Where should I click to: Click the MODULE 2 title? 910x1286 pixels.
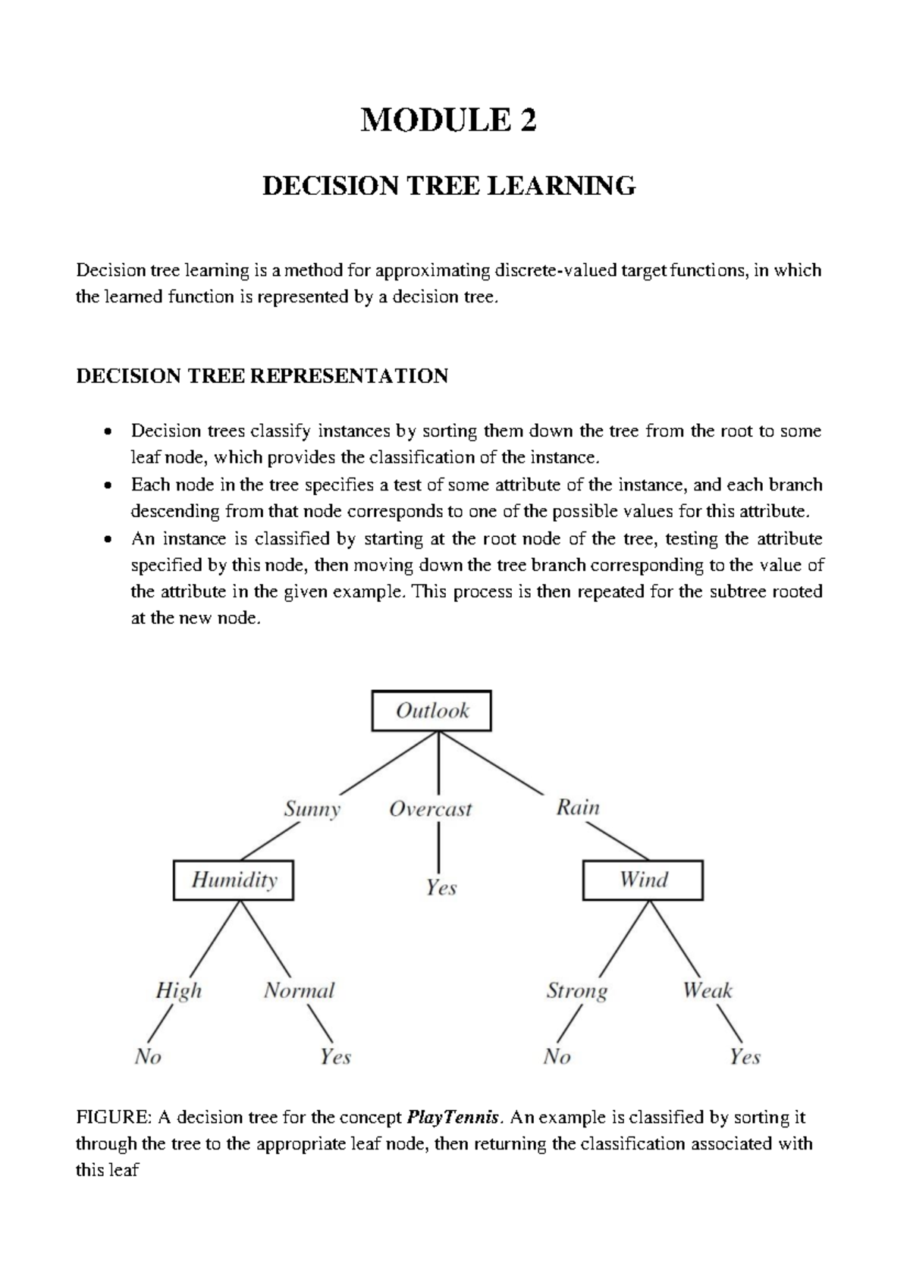(x=448, y=120)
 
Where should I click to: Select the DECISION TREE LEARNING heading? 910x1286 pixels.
(x=448, y=186)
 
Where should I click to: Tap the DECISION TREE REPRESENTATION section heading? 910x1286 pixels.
(x=262, y=376)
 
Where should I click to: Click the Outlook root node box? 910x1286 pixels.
(x=431, y=710)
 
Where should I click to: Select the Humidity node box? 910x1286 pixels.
(x=234, y=880)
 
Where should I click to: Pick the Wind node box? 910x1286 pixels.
(x=642, y=880)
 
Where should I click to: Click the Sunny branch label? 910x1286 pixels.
(x=312, y=809)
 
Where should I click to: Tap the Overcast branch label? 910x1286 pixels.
(x=430, y=809)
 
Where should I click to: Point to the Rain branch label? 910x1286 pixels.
(x=578, y=808)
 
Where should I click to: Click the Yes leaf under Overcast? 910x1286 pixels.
(x=441, y=887)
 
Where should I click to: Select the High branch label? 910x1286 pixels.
(x=179, y=990)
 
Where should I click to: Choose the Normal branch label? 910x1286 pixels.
(x=299, y=990)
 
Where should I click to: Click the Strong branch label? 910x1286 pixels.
(x=577, y=991)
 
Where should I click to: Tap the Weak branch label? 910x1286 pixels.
(x=707, y=990)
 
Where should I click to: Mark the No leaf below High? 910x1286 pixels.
(x=148, y=1056)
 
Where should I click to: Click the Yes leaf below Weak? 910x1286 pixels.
(x=745, y=1056)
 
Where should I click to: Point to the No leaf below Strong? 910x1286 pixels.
(x=557, y=1056)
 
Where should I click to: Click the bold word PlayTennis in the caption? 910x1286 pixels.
(x=453, y=1118)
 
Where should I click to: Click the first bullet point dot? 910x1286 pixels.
(x=109, y=432)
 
